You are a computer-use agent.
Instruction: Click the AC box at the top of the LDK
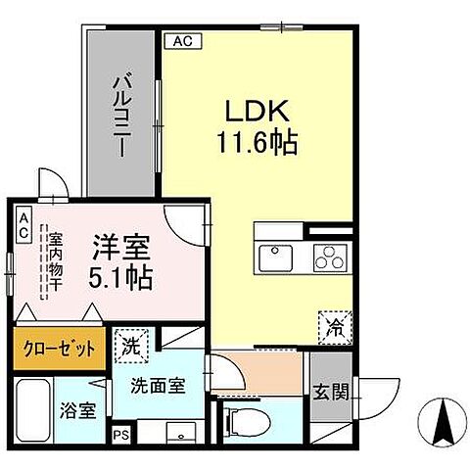(x=182, y=40)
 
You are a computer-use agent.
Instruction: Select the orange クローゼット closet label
(x=54, y=349)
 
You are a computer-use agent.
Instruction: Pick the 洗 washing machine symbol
(x=130, y=344)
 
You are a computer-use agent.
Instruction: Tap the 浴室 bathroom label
(x=80, y=410)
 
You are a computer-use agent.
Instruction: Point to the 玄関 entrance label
(x=325, y=394)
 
